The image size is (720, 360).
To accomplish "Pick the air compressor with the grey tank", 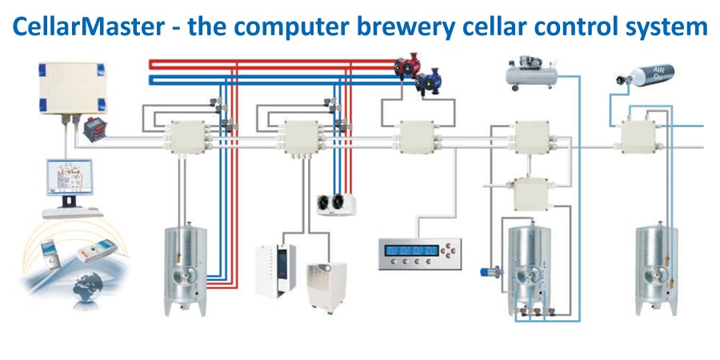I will pos(531,73).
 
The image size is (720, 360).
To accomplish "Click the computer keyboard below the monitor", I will pos(72,211).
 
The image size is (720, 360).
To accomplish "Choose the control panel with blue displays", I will pos(420,252).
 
